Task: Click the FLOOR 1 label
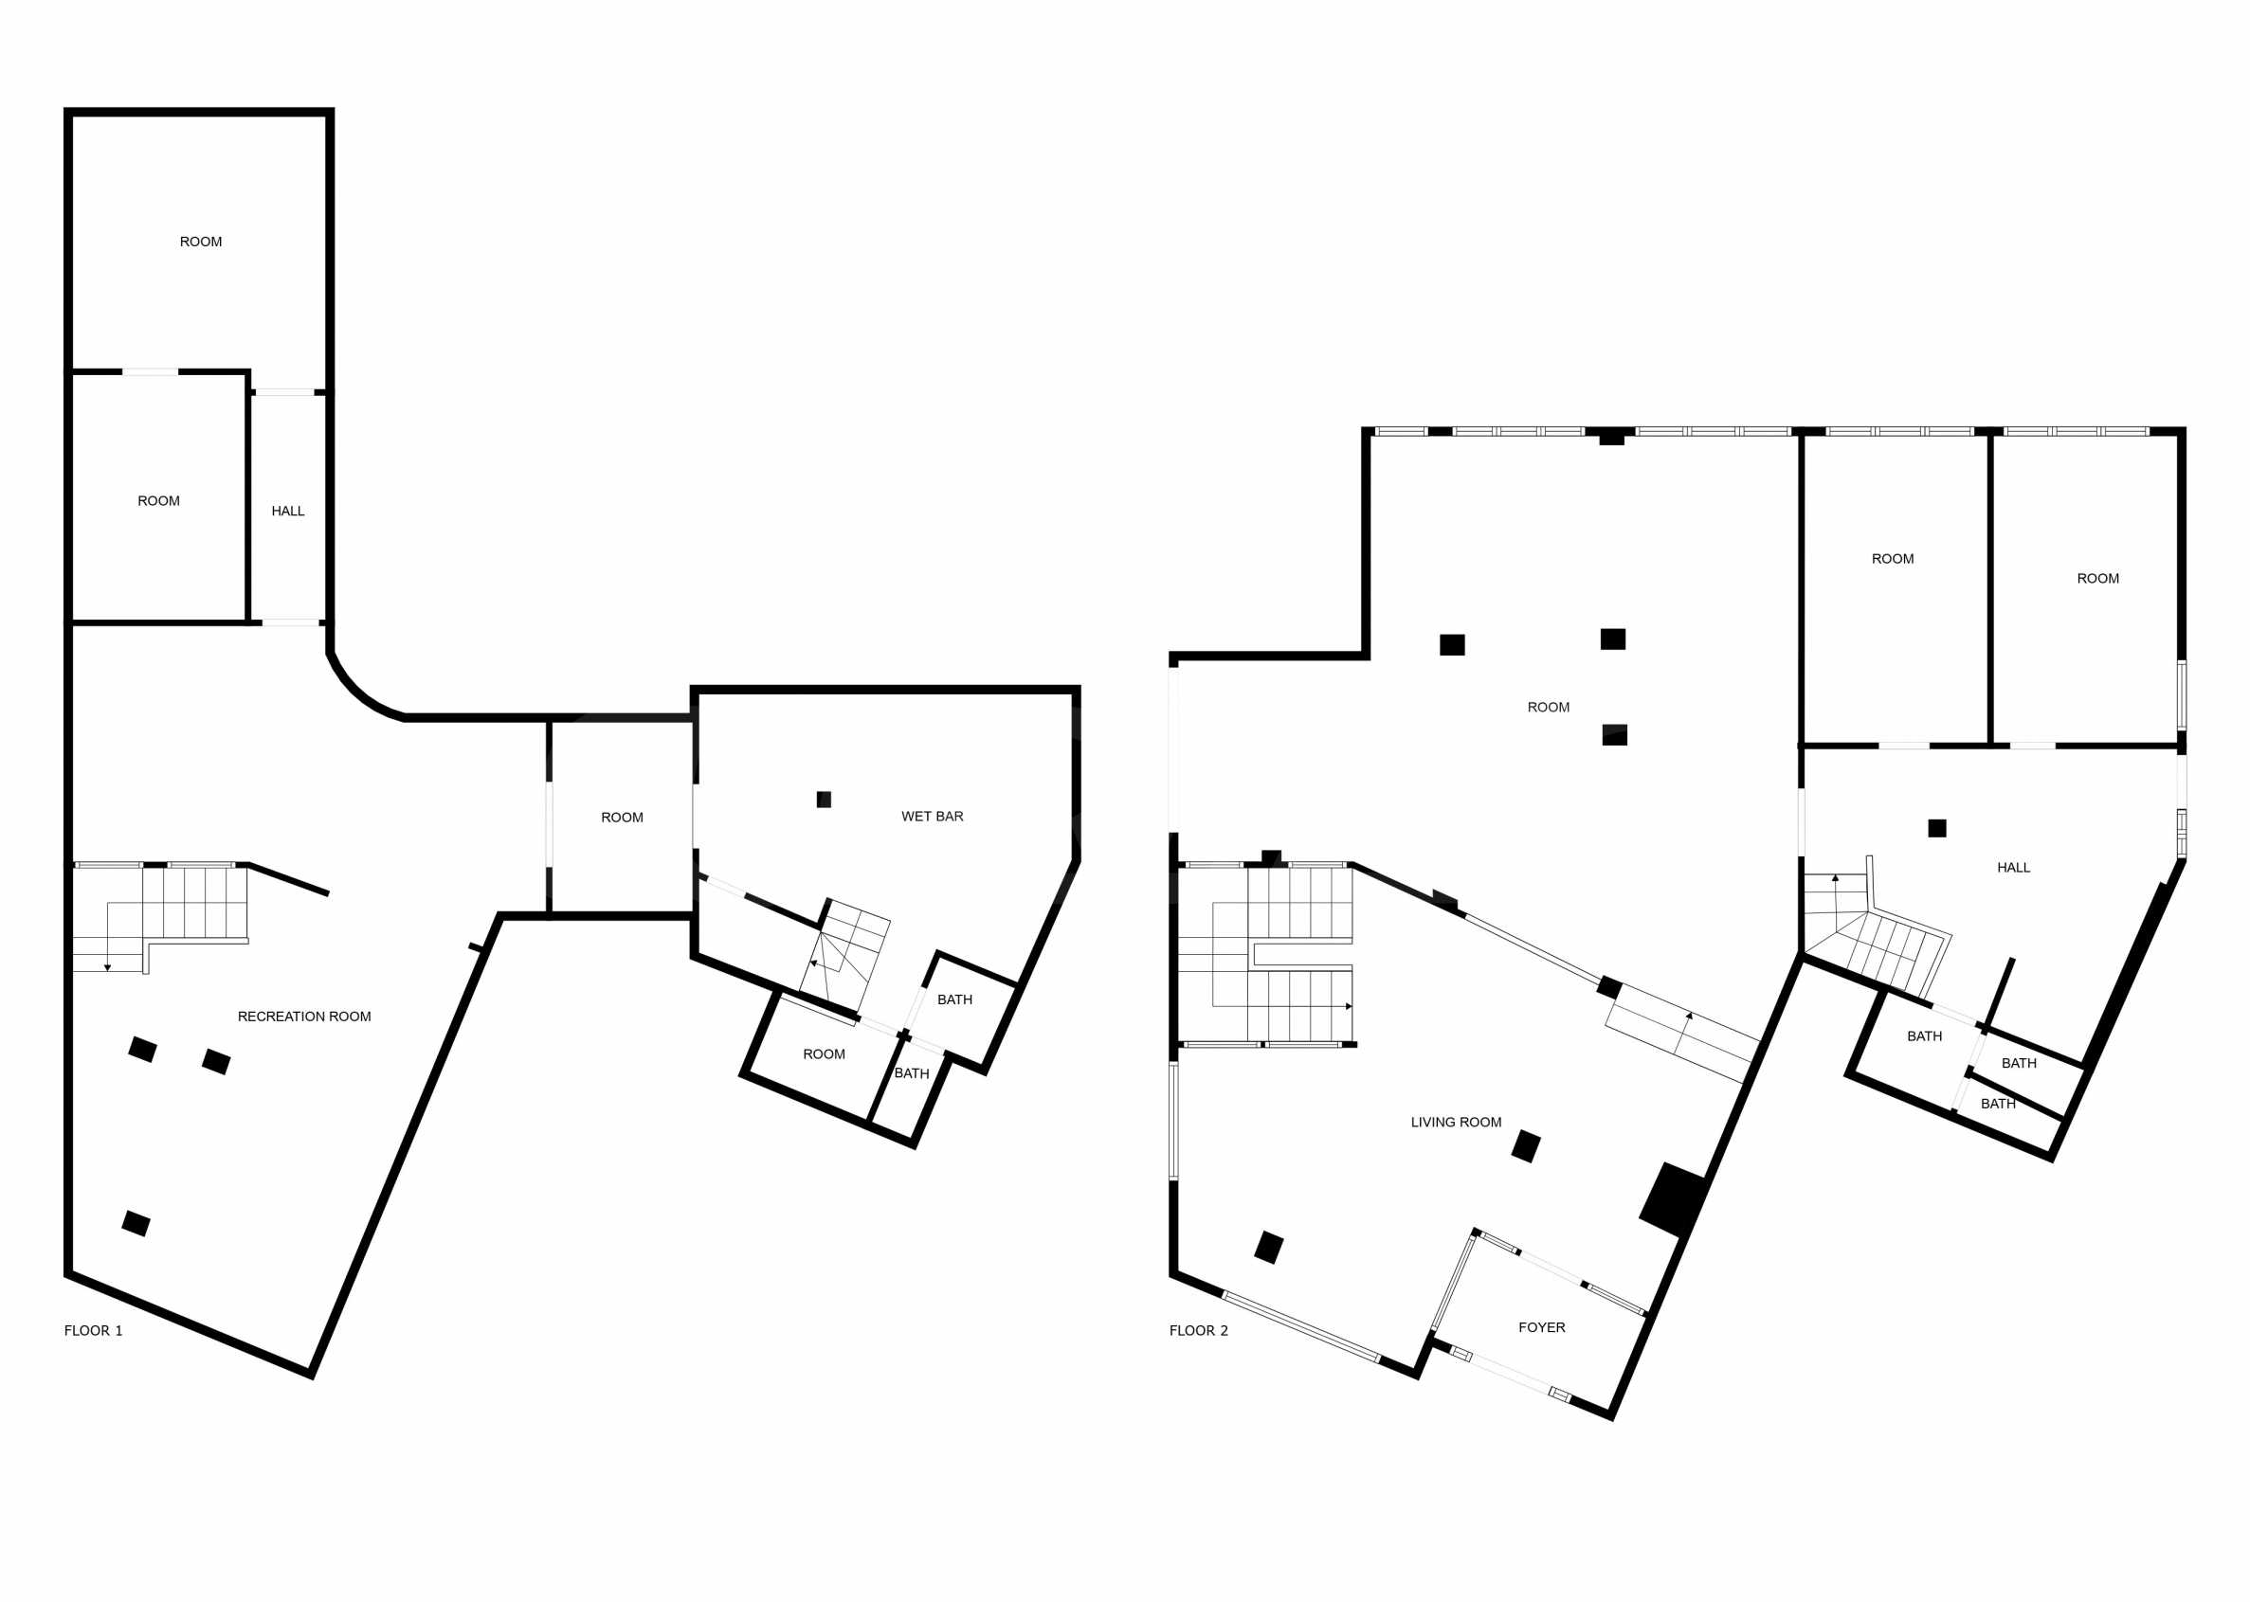[x=94, y=1331]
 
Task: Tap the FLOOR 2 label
[x=1199, y=1331]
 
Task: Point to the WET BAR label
[x=933, y=816]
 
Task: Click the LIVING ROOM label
[x=1456, y=1122]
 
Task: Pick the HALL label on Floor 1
[x=288, y=511]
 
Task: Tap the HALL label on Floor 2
[x=2013, y=867]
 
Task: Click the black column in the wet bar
[x=824, y=799]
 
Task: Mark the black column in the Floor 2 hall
[x=1937, y=829]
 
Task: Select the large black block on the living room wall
[x=1674, y=1199]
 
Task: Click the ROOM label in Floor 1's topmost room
[x=200, y=242]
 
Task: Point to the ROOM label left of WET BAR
[x=622, y=817]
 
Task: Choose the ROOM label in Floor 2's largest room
[x=1549, y=708]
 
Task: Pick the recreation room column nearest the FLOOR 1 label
[x=136, y=1223]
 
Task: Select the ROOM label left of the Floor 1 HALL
[x=159, y=501]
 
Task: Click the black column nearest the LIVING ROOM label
[x=1526, y=1146]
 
